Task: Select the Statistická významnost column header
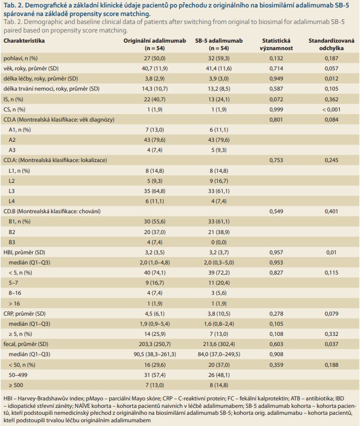click(x=276, y=45)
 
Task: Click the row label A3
click(x=11, y=151)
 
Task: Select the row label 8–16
click(x=15, y=292)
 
